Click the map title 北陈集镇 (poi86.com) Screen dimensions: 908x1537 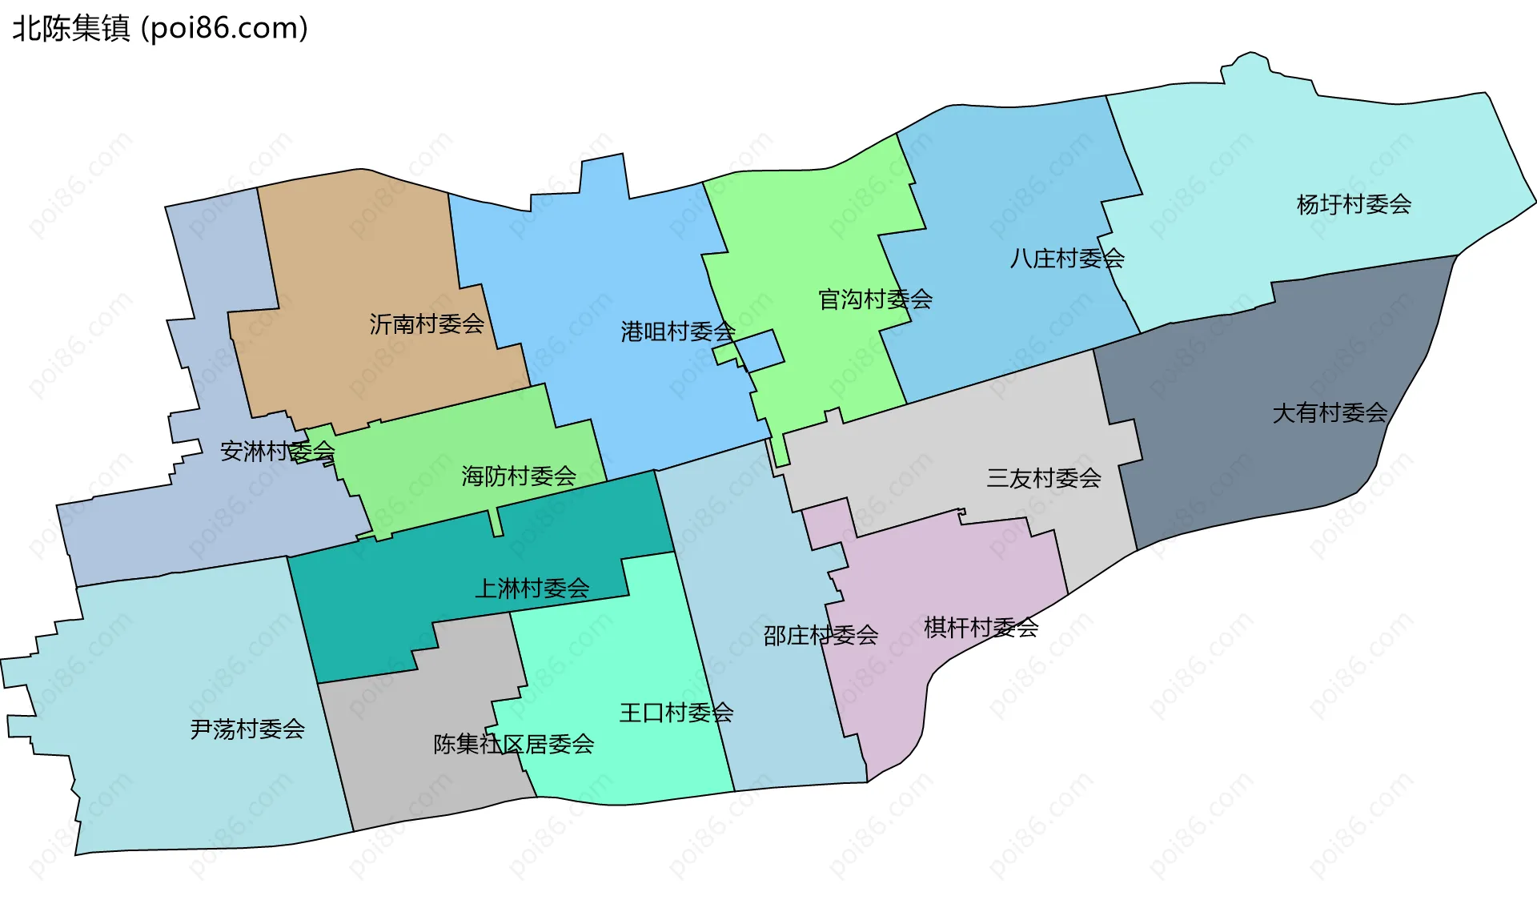pos(160,29)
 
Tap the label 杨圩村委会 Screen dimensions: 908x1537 pos(1354,205)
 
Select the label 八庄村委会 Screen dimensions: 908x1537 pos(1067,259)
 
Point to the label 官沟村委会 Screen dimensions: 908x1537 pos(875,299)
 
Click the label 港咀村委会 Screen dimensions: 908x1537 pos(677,331)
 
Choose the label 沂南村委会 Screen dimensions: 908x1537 pos(427,324)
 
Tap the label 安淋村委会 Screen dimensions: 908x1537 pos(277,452)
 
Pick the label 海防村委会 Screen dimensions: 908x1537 pos(519,476)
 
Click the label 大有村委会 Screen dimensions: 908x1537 pos(1330,413)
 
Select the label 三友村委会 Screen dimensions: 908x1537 pos(1043,479)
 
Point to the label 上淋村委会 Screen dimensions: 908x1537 pos(532,589)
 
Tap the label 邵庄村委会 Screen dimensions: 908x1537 pos(821,636)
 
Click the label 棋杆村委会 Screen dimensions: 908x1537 pos(981,628)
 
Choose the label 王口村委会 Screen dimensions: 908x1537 pos(676,713)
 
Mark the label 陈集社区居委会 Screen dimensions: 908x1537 pos(514,745)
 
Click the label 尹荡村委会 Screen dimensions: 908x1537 pos(247,729)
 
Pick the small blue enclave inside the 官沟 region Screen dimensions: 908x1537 pos(760,351)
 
